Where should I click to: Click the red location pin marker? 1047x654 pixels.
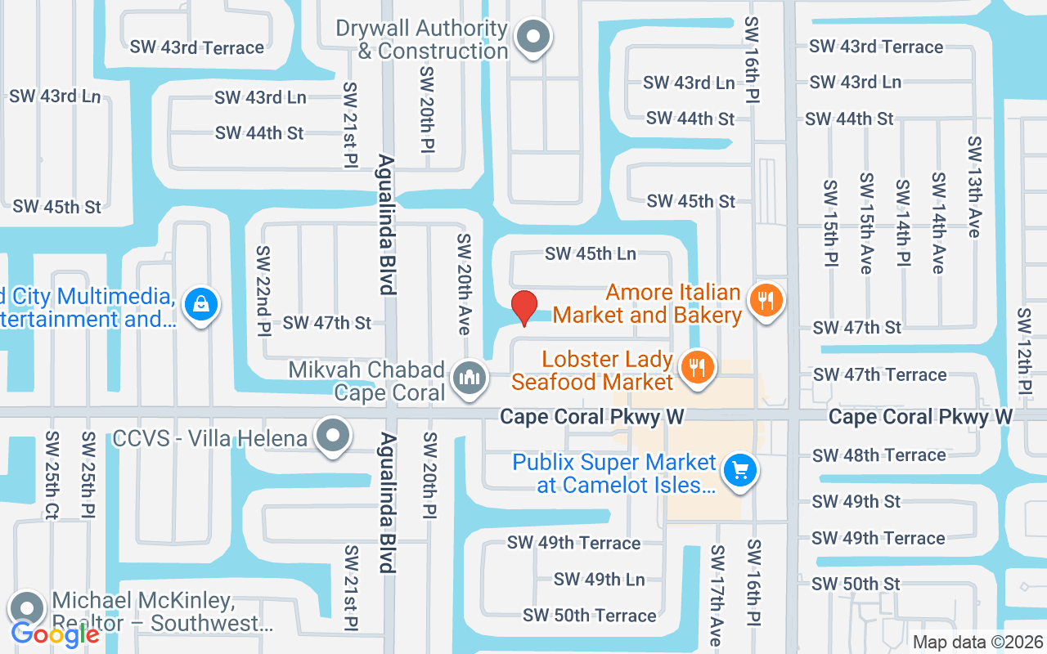click(524, 308)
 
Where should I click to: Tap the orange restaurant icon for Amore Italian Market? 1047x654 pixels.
click(766, 301)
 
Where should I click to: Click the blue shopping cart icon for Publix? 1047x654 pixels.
click(740, 471)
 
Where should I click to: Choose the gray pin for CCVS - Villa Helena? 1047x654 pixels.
click(333, 436)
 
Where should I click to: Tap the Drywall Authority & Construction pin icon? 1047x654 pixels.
click(534, 37)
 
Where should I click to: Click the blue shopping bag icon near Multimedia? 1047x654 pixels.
click(200, 305)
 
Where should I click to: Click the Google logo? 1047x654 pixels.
click(56, 633)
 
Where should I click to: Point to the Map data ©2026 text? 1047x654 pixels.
click(978, 643)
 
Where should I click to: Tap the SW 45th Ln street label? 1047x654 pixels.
click(591, 253)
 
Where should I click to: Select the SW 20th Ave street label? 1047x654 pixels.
click(464, 284)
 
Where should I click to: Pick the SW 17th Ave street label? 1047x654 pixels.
click(716, 596)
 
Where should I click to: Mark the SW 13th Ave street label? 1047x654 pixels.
click(973, 187)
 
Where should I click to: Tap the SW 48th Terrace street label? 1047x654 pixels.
click(878, 455)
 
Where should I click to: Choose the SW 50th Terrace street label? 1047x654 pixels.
click(589, 615)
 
